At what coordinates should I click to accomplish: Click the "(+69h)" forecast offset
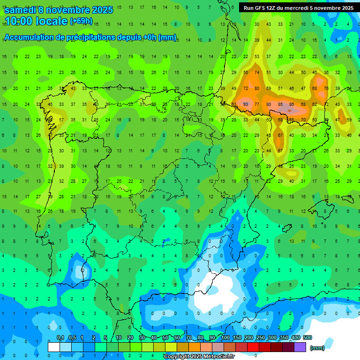[81, 21]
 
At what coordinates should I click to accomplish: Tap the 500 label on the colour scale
[307, 338]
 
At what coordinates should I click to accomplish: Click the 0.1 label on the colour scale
[60, 338]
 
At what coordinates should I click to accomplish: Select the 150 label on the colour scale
[237, 338]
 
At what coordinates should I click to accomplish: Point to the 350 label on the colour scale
[284, 338]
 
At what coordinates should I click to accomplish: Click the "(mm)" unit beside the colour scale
[317, 348]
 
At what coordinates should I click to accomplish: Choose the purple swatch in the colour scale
[300, 347]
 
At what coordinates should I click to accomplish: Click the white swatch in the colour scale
[54, 347]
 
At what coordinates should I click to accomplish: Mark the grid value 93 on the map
[246, 104]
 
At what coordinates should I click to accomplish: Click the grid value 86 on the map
[292, 104]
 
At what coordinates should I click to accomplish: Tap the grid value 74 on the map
[257, 73]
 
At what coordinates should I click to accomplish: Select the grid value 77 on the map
[257, 104]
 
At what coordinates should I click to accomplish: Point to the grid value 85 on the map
[280, 104]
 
